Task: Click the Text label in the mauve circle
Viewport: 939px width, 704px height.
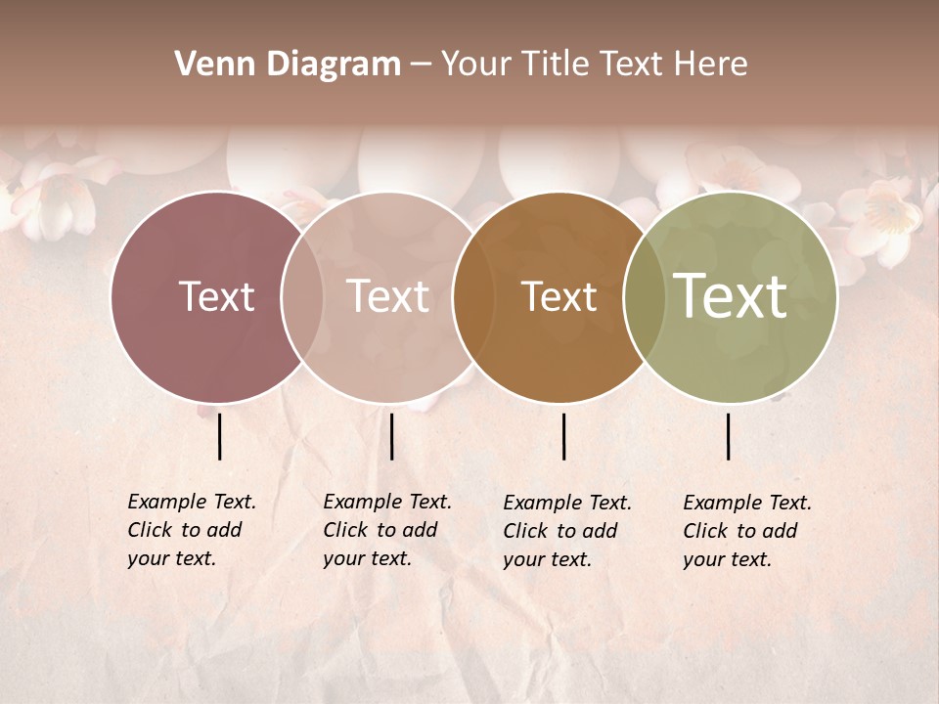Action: tap(216, 296)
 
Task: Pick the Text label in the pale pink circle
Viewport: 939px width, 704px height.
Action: tap(387, 296)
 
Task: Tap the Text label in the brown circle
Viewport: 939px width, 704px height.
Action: tap(559, 296)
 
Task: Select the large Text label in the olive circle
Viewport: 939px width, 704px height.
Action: tap(731, 295)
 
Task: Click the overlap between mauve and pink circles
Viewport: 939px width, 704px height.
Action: tap(302, 297)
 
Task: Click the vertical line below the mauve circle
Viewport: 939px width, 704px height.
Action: tap(220, 436)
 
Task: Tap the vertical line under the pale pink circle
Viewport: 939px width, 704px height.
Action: tap(391, 436)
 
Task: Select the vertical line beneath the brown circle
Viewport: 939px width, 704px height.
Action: tap(563, 436)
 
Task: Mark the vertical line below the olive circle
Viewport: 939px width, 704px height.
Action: tap(728, 436)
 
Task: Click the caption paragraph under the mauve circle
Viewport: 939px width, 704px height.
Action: tap(192, 530)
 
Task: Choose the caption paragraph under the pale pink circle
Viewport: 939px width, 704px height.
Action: tap(387, 530)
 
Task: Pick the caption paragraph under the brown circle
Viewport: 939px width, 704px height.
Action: tap(567, 531)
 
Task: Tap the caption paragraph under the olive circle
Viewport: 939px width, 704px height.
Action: tap(747, 531)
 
